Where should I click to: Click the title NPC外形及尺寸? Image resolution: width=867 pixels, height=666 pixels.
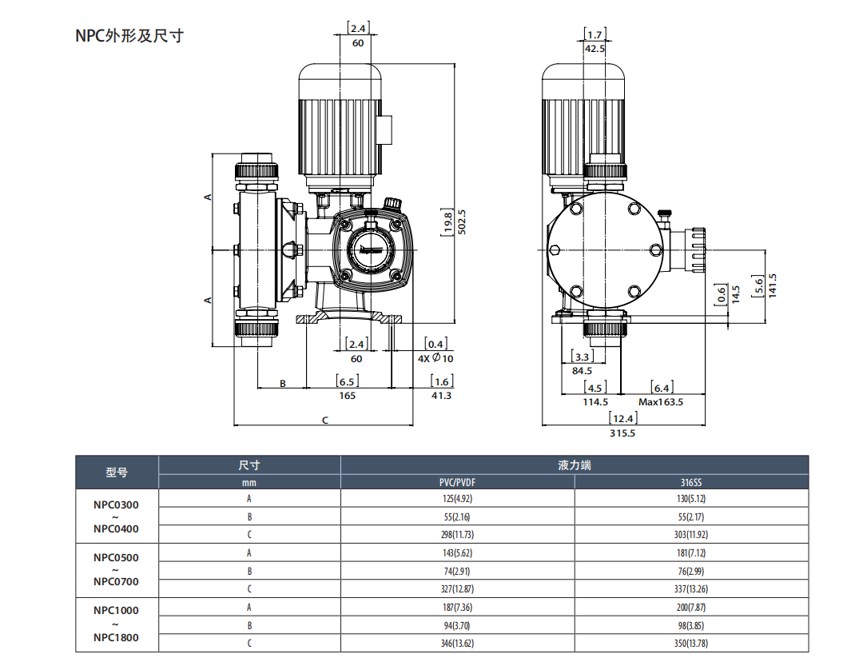[129, 36]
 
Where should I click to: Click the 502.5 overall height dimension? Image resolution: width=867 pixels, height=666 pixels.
[462, 221]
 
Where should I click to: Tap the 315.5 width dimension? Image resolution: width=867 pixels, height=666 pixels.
[622, 433]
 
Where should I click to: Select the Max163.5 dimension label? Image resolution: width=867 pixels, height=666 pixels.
[660, 402]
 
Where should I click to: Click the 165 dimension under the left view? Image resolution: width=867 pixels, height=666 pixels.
[347, 395]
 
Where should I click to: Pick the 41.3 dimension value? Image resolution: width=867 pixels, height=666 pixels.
[441, 395]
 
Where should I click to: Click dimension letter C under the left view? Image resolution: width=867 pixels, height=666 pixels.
[325, 419]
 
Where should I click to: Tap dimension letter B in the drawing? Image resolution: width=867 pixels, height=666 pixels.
[282, 384]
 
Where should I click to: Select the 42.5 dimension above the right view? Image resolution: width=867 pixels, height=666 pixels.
[594, 49]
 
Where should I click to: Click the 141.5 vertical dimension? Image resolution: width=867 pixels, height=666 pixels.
[773, 285]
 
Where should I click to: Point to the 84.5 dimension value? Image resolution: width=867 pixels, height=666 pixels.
[582, 370]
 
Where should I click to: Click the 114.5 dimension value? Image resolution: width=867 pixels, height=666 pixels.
[595, 402]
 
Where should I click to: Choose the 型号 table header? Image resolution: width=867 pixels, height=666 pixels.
[117, 473]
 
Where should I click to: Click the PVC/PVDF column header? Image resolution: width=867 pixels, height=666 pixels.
[458, 482]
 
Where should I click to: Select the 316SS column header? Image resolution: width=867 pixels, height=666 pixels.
[691, 482]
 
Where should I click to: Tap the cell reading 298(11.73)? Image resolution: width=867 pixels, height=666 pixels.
[458, 535]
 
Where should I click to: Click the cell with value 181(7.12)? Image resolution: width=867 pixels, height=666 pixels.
[691, 553]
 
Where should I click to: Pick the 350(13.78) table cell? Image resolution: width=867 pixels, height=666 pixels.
[691, 643]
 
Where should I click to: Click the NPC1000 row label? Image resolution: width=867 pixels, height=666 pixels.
[116, 610]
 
